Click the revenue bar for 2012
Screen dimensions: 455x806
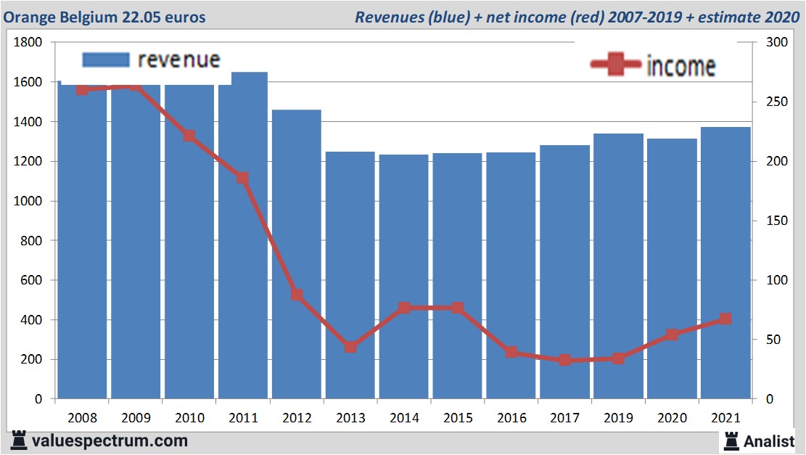pos(297,254)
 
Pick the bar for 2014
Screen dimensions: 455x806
pos(403,276)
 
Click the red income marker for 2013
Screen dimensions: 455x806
pos(350,347)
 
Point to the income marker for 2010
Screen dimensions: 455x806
pos(189,136)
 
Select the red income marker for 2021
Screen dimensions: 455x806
pos(725,319)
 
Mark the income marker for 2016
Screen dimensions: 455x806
pos(511,352)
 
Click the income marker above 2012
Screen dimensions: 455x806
pos(297,295)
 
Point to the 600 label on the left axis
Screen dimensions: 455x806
pos(32,281)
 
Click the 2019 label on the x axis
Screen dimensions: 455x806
pos(618,419)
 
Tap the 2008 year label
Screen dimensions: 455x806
pos(82,419)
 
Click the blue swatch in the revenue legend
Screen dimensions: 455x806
pos(106,59)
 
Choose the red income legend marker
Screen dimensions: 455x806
pos(616,65)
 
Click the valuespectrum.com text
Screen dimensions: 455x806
pos(110,440)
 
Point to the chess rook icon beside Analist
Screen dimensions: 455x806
pos(731,440)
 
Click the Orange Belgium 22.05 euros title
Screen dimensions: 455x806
pos(105,17)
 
